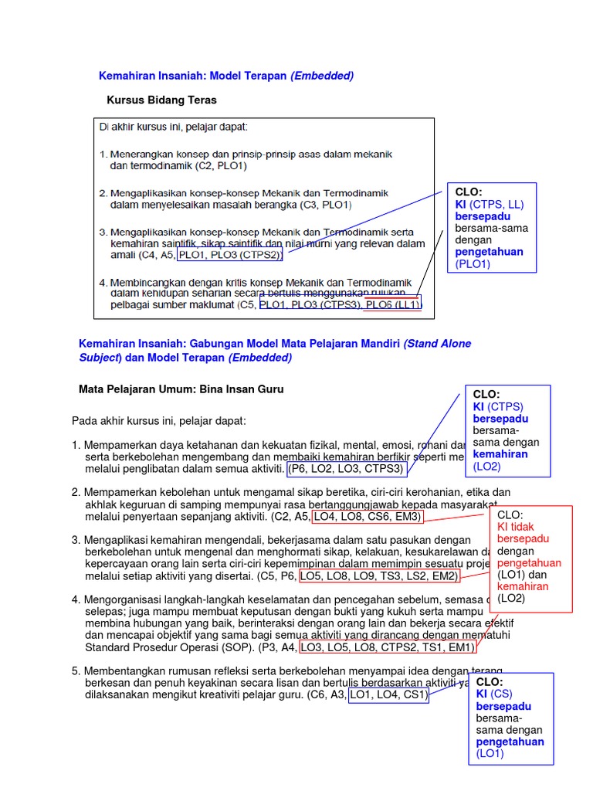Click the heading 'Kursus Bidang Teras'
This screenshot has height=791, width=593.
tap(161, 100)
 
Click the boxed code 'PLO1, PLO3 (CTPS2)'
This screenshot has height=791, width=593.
tap(229, 255)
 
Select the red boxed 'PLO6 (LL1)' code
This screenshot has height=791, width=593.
tap(393, 305)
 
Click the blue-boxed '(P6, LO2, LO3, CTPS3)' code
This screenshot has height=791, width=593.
tap(346, 469)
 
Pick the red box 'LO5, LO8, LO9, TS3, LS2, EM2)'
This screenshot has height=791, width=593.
tap(379, 576)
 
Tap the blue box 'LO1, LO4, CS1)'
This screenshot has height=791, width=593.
tap(388, 695)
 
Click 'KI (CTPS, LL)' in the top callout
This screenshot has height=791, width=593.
tap(490, 205)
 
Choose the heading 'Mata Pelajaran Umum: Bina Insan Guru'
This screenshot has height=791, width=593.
tap(181, 389)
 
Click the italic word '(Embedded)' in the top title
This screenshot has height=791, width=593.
tap(322, 76)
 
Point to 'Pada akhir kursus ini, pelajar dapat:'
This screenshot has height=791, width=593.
tap(159, 421)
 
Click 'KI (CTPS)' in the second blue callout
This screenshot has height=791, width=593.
tap(498, 407)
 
